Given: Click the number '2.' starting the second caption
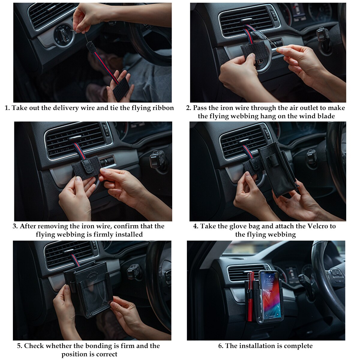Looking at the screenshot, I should (x=188, y=108).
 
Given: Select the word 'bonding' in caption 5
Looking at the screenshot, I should (x=90, y=346).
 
